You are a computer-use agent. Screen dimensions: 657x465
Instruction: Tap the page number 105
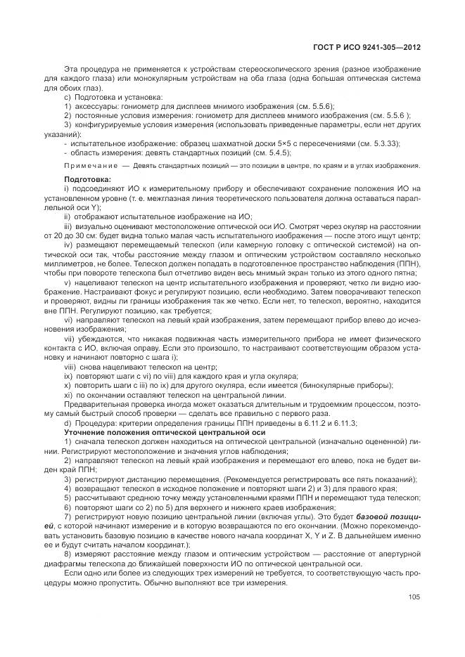click(x=414, y=598)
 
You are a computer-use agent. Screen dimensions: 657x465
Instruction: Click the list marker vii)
click(x=70, y=339)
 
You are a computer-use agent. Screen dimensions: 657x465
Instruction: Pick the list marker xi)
click(x=68, y=396)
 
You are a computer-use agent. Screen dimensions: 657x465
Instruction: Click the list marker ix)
click(x=68, y=377)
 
